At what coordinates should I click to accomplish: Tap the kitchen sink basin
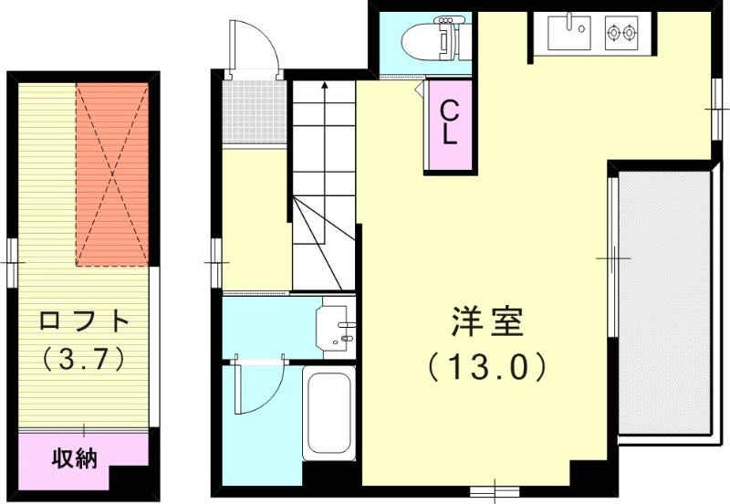click(568, 34)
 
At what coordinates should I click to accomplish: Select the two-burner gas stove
click(622, 34)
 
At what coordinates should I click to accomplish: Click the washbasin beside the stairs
click(335, 328)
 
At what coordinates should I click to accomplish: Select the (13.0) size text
click(487, 367)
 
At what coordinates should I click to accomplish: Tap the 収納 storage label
click(74, 457)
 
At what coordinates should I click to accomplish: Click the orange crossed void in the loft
click(112, 173)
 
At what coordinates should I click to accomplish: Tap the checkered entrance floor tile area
click(255, 110)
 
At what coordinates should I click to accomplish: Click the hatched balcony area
click(664, 301)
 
